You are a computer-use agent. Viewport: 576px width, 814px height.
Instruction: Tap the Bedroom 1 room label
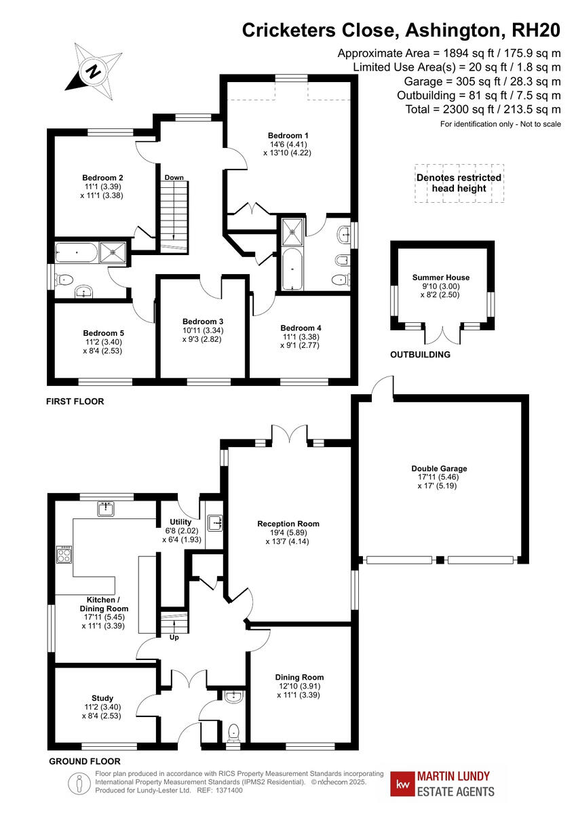pyautogui.click(x=288, y=136)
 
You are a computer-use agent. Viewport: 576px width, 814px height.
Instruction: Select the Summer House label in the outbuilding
pyautogui.click(x=440, y=277)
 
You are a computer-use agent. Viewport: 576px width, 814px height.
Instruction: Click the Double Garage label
pyautogui.click(x=439, y=468)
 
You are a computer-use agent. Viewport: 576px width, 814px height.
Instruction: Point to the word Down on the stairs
pyautogui.click(x=174, y=178)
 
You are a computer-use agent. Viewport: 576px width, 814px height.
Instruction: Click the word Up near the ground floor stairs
pyautogui.click(x=174, y=638)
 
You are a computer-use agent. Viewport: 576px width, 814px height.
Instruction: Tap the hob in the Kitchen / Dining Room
pyautogui.click(x=63, y=556)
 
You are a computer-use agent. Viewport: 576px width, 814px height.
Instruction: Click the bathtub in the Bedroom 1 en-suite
pyautogui.click(x=291, y=270)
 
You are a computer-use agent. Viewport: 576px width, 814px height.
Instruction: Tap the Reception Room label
pyautogui.click(x=288, y=524)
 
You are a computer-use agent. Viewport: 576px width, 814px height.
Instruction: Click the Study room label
pyautogui.click(x=102, y=698)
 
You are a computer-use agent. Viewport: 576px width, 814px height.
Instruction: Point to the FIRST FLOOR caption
pyautogui.click(x=75, y=402)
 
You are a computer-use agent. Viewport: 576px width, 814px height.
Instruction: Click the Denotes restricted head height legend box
pyautogui.click(x=459, y=183)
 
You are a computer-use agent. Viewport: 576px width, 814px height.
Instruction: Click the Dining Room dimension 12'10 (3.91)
pyautogui.click(x=299, y=686)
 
